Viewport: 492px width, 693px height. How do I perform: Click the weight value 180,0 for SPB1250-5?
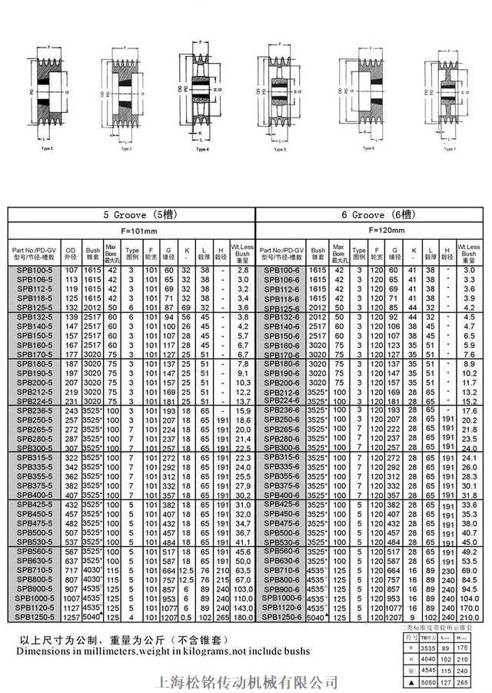click(x=243, y=615)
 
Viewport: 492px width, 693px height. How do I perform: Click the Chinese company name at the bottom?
click(x=246, y=681)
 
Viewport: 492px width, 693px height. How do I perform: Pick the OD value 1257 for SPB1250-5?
click(x=71, y=615)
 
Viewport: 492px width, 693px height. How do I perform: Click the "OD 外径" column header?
click(x=71, y=253)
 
